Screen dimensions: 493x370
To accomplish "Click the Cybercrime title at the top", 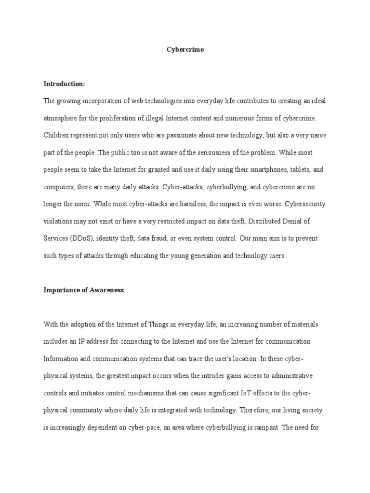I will (x=185, y=50).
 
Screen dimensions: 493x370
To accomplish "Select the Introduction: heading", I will (x=64, y=84).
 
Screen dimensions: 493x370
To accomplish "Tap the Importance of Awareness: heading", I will (x=84, y=290).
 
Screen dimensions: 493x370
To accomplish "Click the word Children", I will (x=57, y=135).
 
